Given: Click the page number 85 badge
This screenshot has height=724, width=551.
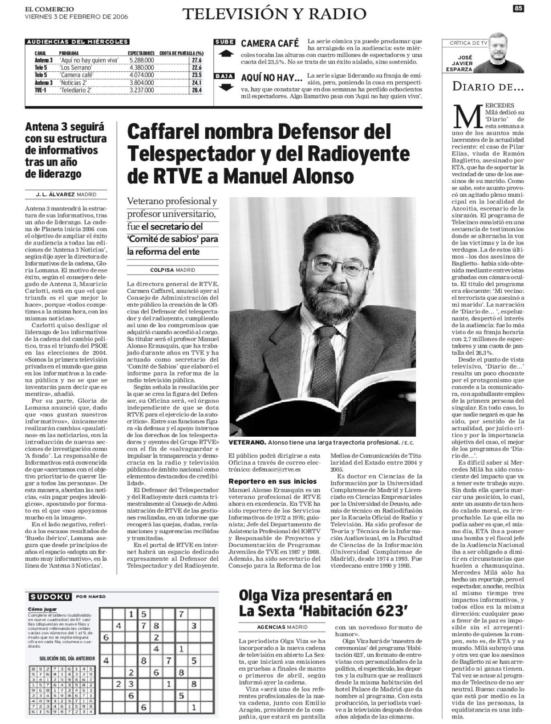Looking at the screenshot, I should click(518, 8).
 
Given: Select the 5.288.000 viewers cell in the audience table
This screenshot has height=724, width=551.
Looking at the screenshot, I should click(141, 60).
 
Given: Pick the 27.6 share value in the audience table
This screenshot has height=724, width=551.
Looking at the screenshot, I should click(197, 60).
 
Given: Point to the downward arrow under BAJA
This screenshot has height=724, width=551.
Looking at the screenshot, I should click(225, 87).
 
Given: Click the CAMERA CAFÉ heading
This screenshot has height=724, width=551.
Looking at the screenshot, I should click(270, 44).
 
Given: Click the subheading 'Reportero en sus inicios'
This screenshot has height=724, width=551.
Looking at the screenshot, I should click(273, 481).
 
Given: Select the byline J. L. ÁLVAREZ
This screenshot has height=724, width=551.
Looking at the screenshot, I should click(56, 194).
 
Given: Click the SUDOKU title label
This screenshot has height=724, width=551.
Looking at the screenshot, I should click(50, 597).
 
